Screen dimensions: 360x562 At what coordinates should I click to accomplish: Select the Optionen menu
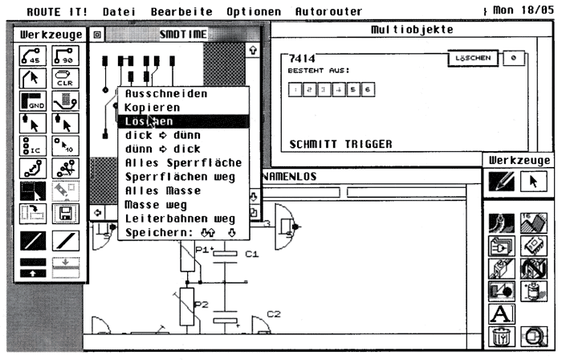tap(254, 12)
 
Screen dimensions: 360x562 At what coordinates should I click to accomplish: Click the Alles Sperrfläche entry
tap(183, 163)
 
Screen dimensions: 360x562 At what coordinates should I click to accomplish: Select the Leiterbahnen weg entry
tap(180, 219)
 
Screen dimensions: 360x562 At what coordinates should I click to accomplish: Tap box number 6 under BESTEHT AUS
tap(367, 89)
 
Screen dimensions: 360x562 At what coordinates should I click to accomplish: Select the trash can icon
tap(499, 336)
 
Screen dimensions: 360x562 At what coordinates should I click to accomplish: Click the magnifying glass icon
tap(531, 336)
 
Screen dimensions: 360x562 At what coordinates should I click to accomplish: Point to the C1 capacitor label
tap(251, 255)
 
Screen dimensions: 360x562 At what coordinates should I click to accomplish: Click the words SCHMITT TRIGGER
tap(340, 145)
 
